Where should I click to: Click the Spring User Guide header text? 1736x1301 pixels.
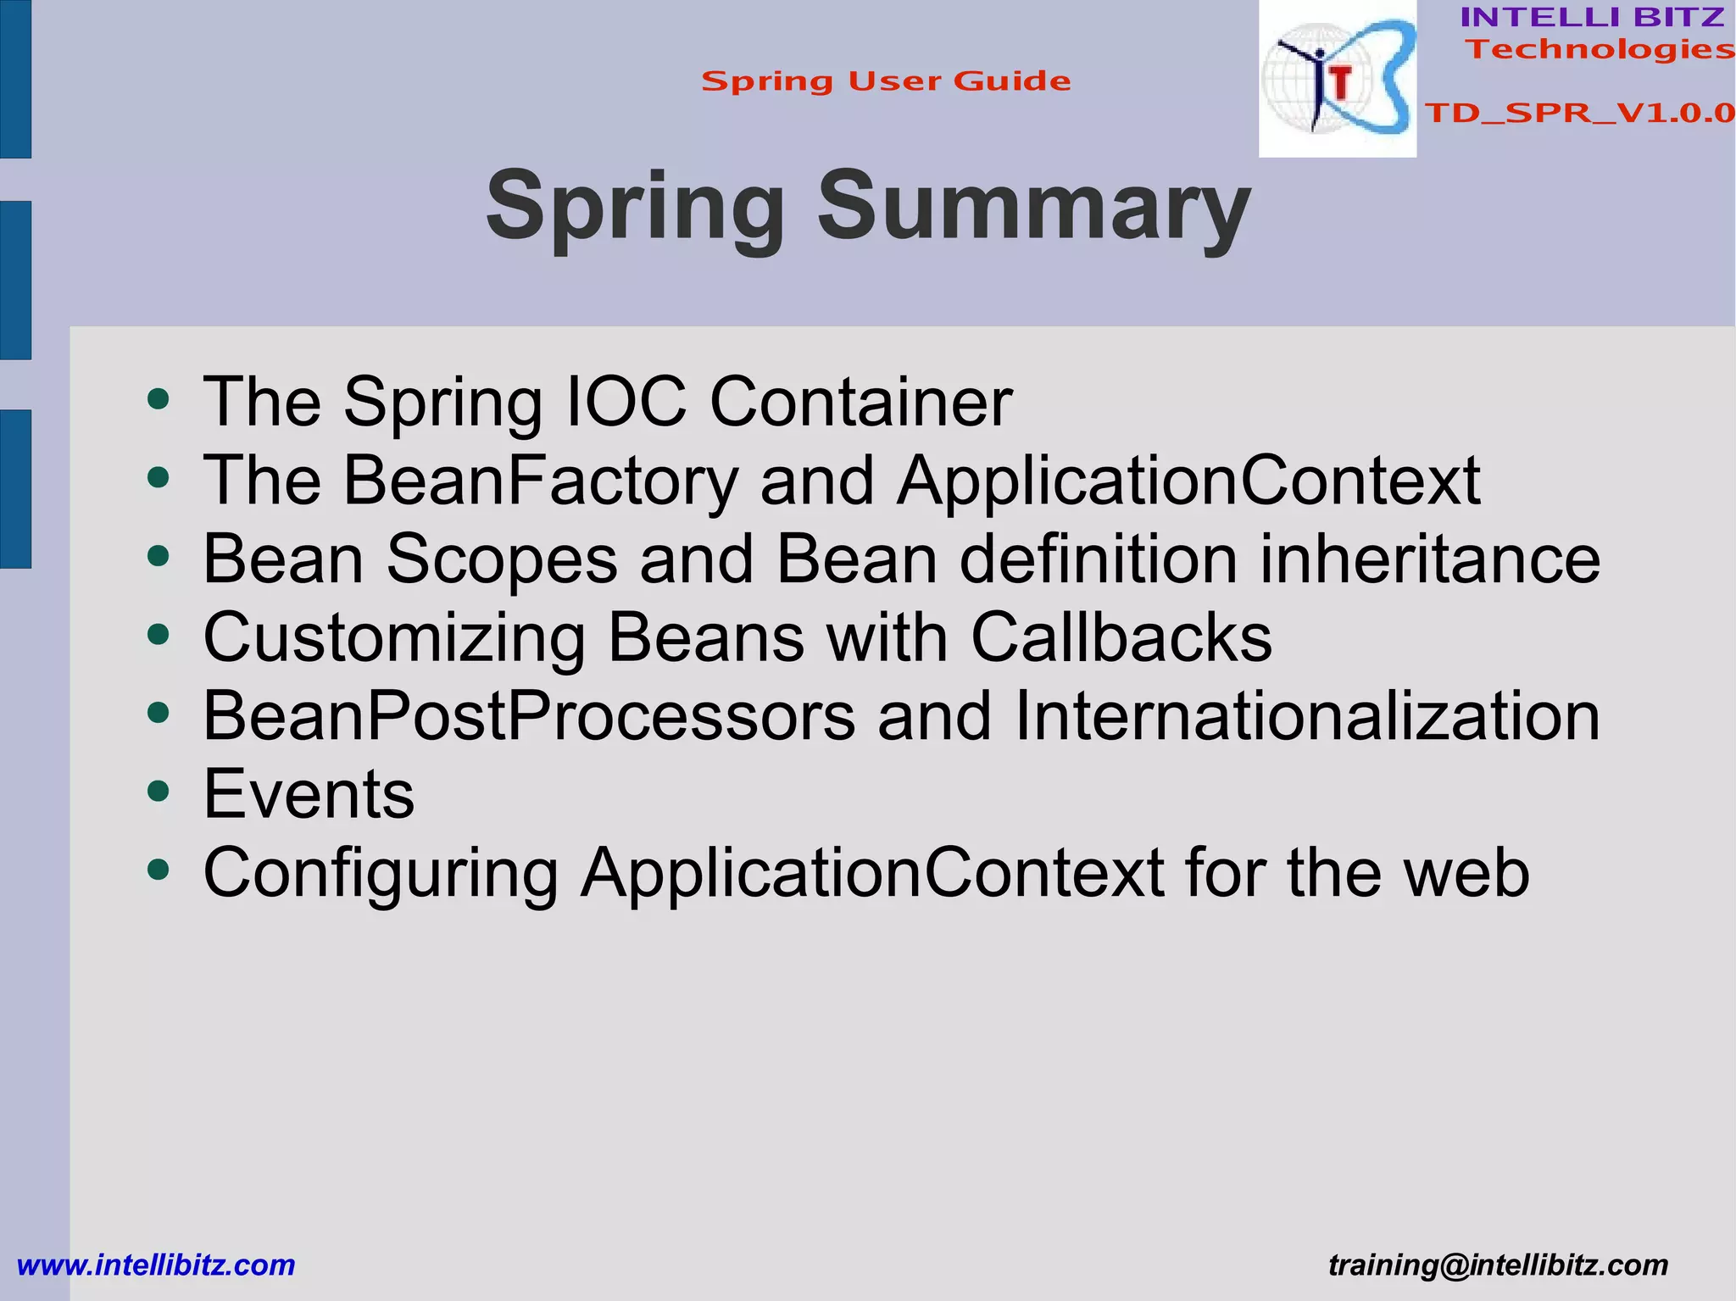tap(886, 81)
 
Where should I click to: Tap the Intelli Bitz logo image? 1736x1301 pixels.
tap(1337, 79)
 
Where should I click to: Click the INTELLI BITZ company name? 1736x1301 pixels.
tap(1592, 17)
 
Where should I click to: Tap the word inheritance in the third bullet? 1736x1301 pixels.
tap(1430, 559)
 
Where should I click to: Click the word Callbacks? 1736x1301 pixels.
tap(1121, 637)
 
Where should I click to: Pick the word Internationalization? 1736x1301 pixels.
tap(1306, 716)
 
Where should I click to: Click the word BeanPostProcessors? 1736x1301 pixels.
tap(529, 716)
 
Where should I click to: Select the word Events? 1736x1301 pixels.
tap(309, 795)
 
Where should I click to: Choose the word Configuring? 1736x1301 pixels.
tap(381, 873)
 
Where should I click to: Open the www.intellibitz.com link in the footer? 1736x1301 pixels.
tap(156, 1265)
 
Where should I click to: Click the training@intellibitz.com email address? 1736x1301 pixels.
tap(1498, 1265)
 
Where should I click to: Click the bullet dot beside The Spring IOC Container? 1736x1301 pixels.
tap(159, 398)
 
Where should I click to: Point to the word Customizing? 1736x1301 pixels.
tap(394, 637)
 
